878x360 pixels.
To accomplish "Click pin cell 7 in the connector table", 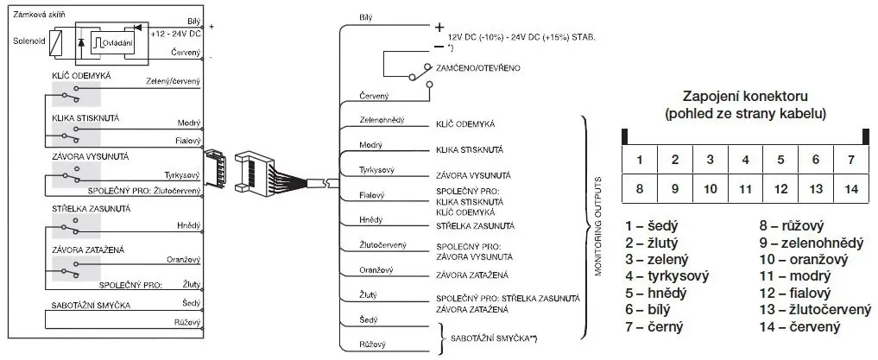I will tap(851, 160).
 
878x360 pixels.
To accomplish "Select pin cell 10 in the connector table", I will tap(710, 187).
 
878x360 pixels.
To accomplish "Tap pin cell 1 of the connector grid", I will tap(639, 160).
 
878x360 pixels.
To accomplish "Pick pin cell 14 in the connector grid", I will tap(851, 187).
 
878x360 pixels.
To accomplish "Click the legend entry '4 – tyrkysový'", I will tap(667, 276).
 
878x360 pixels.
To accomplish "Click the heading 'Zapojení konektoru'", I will tap(744, 96).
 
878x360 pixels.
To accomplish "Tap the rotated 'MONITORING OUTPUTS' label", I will tap(597, 226).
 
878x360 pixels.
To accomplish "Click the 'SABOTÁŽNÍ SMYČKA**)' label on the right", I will tap(495, 338).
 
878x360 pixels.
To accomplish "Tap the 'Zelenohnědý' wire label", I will tap(382, 120).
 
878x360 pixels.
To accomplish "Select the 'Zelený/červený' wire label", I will tap(175, 82).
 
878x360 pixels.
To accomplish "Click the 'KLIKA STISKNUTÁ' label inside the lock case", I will tap(85, 117).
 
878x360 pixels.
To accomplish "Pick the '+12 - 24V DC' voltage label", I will tap(175, 32).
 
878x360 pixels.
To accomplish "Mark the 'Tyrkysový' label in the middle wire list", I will tap(376, 169).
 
